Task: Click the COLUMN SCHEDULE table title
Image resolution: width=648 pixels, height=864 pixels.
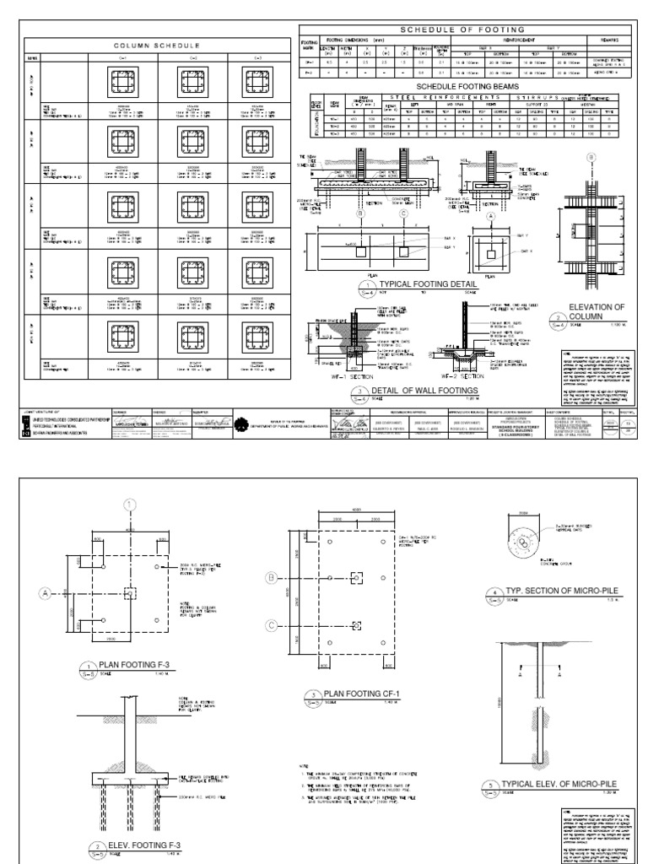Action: pyautogui.click(x=156, y=46)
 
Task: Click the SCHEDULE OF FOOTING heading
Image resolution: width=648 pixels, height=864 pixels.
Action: pyautogui.click(x=459, y=30)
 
